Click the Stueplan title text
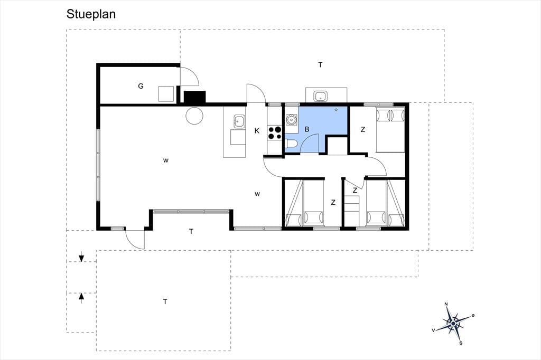pyautogui.click(x=91, y=14)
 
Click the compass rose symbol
pyautogui.click(x=453, y=323)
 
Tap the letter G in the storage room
pyautogui.click(x=141, y=86)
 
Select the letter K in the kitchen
pyautogui.click(x=257, y=131)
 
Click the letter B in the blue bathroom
pyautogui.click(x=307, y=129)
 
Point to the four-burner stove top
pyautogui.click(x=275, y=133)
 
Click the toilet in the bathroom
pyautogui.click(x=290, y=144)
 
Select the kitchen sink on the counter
pyautogui.click(x=239, y=121)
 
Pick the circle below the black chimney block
pyautogui.click(x=194, y=116)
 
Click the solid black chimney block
pyautogui.click(x=194, y=97)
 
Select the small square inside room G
pyautogui.click(x=166, y=94)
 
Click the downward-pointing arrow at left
pyautogui.click(x=81, y=257)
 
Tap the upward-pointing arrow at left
pyautogui.click(x=81, y=298)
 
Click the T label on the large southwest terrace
pyautogui.click(x=165, y=302)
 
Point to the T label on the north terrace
pyautogui.click(x=321, y=64)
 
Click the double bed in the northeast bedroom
pyautogui.click(x=390, y=130)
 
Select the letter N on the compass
pyautogui.click(x=446, y=304)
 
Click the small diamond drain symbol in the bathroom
pyautogui.click(x=336, y=110)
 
